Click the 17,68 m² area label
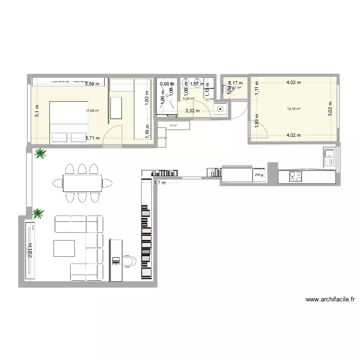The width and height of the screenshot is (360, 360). click(x=92, y=111)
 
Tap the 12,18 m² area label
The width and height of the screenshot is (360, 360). click(x=294, y=109)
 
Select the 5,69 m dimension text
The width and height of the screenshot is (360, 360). click(x=93, y=84)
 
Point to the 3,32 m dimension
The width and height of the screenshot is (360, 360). click(x=192, y=111)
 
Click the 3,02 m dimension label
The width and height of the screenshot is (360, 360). click(x=330, y=109)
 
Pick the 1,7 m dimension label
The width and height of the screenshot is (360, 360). click(x=159, y=182)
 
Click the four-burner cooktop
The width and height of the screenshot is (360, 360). click(x=296, y=177)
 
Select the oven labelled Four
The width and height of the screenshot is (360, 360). click(x=259, y=174)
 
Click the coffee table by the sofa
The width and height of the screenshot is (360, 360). click(x=64, y=248)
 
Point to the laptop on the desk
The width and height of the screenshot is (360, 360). click(x=116, y=261)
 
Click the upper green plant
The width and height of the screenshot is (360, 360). click(x=40, y=154)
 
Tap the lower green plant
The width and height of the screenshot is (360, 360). click(x=37, y=213)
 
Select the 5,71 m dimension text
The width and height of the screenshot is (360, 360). click(x=93, y=138)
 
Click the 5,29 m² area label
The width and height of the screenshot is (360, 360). click(x=188, y=99)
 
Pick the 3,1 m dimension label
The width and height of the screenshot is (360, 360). click(x=36, y=111)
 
